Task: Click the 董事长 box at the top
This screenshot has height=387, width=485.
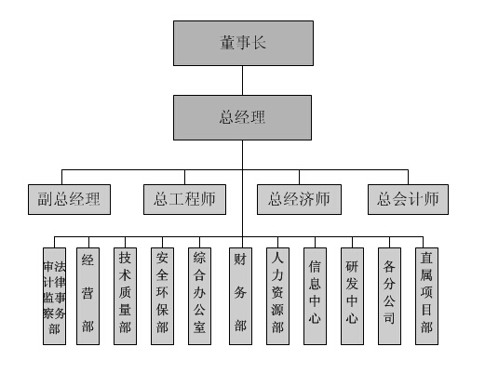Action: click(x=243, y=43)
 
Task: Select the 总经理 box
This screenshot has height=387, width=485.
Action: click(x=242, y=117)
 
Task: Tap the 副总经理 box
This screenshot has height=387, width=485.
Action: click(x=69, y=199)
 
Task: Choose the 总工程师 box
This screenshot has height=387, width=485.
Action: click(x=184, y=199)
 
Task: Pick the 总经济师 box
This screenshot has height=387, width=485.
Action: click(x=299, y=199)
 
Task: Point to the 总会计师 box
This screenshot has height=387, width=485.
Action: click(x=408, y=199)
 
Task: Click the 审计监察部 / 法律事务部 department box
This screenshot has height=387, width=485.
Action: click(x=54, y=296)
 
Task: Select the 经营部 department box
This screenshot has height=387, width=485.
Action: click(x=88, y=296)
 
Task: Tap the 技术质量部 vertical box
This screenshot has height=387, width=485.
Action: click(x=125, y=296)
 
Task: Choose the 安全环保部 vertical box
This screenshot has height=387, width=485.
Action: click(x=162, y=296)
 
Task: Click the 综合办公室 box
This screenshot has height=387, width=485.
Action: click(x=199, y=296)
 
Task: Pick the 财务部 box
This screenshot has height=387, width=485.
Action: click(x=240, y=296)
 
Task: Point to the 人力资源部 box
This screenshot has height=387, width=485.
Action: click(x=277, y=296)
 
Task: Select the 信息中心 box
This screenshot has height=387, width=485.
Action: click(x=315, y=296)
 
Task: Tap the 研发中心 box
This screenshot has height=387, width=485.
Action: click(x=352, y=296)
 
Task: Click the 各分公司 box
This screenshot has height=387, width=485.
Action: click(x=389, y=296)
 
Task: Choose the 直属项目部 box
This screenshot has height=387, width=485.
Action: click(x=426, y=296)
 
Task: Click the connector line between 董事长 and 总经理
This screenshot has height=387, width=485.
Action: click(x=242, y=81)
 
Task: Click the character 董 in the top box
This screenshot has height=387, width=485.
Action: click(x=227, y=43)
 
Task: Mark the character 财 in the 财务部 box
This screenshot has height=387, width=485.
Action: click(x=240, y=259)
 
